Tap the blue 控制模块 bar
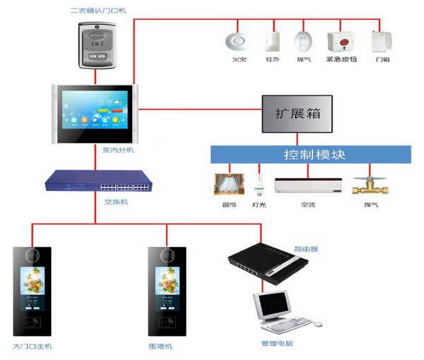click(310, 154)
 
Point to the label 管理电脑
click(277, 344)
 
